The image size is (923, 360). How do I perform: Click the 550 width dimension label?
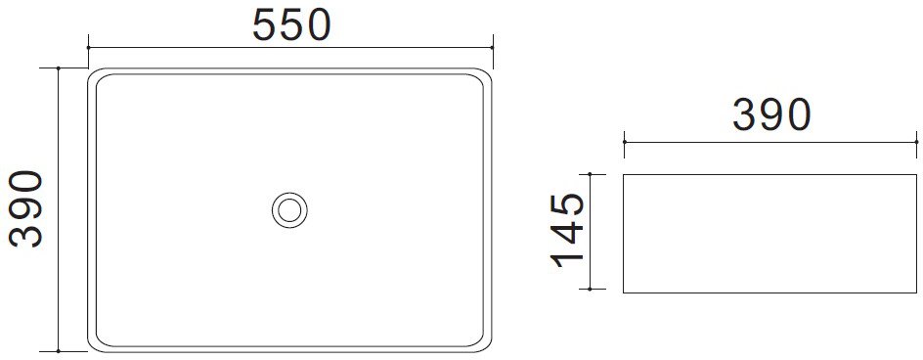click(292, 26)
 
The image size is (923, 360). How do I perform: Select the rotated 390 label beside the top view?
click(25, 208)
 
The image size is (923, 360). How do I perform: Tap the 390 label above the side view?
click(771, 114)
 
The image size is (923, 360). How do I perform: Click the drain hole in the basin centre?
click(289, 209)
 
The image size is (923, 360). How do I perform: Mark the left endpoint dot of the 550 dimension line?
click(88, 47)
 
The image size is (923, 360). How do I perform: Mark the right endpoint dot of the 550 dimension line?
click(492, 47)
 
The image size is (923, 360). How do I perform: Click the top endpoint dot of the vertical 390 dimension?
click(59, 67)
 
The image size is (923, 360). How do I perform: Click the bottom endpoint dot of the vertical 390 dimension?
click(59, 351)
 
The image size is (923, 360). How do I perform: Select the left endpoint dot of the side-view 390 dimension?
click(624, 142)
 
